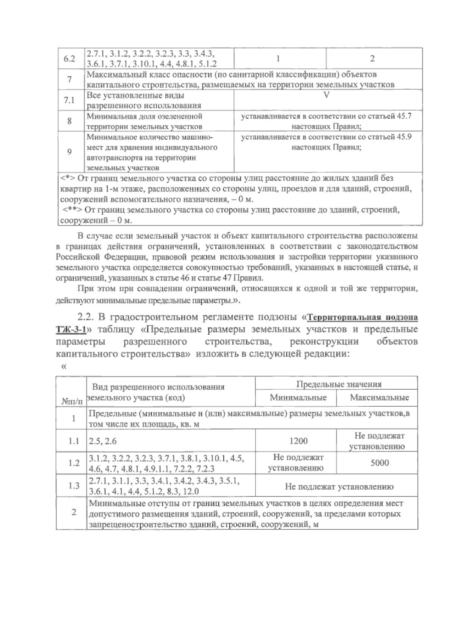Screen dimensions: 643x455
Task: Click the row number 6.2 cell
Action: click(x=70, y=59)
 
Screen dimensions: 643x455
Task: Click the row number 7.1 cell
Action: click(x=70, y=100)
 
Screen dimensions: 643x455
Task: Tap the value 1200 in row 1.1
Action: click(x=298, y=441)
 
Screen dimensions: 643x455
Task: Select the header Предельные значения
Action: click(x=338, y=384)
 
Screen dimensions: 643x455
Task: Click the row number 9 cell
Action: click(x=70, y=152)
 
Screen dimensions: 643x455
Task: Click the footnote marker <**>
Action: click(x=72, y=209)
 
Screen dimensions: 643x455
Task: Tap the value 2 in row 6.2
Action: click(x=372, y=59)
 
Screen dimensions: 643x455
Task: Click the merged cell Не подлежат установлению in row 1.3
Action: click(x=338, y=487)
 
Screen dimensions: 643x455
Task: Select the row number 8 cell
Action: click(x=70, y=121)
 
